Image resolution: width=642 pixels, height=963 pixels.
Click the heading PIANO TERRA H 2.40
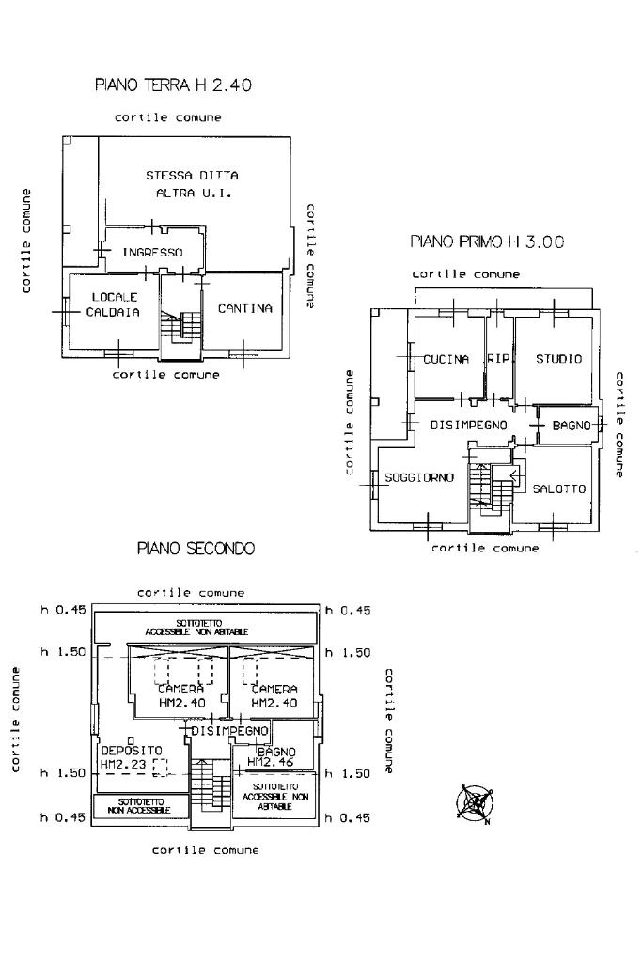pyautogui.click(x=174, y=85)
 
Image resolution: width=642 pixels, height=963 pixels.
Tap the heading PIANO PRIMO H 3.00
pyautogui.click(x=487, y=241)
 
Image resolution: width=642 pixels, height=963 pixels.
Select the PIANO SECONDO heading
pyautogui.click(x=196, y=548)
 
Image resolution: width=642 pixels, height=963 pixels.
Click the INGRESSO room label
pyautogui.click(x=152, y=253)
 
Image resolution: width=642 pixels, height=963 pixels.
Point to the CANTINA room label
pyautogui.click(x=245, y=308)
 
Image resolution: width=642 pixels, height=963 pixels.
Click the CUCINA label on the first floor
pyautogui.click(x=446, y=359)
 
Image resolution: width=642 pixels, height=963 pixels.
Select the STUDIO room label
pyautogui.click(x=558, y=359)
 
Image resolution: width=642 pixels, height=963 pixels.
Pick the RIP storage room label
pyautogui.click(x=498, y=359)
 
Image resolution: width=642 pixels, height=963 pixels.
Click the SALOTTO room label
pyautogui.click(x=559, y=489)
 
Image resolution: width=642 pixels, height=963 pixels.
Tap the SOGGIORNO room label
pyautogui.click(x=419, y=477)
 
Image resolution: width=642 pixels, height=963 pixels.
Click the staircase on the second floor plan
pyautogui.click(x=210, y=787)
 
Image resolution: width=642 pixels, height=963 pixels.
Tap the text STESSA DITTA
pyautogui.click(x=192, y=176)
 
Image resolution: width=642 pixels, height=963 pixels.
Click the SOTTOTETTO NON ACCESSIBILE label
pyautogui.click(x=139, y=805)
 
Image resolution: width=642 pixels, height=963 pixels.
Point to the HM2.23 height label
pyautogui.click(x=125, y=766)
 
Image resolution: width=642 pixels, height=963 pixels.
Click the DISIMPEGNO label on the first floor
pyautogui.click(x=469, y=426)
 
